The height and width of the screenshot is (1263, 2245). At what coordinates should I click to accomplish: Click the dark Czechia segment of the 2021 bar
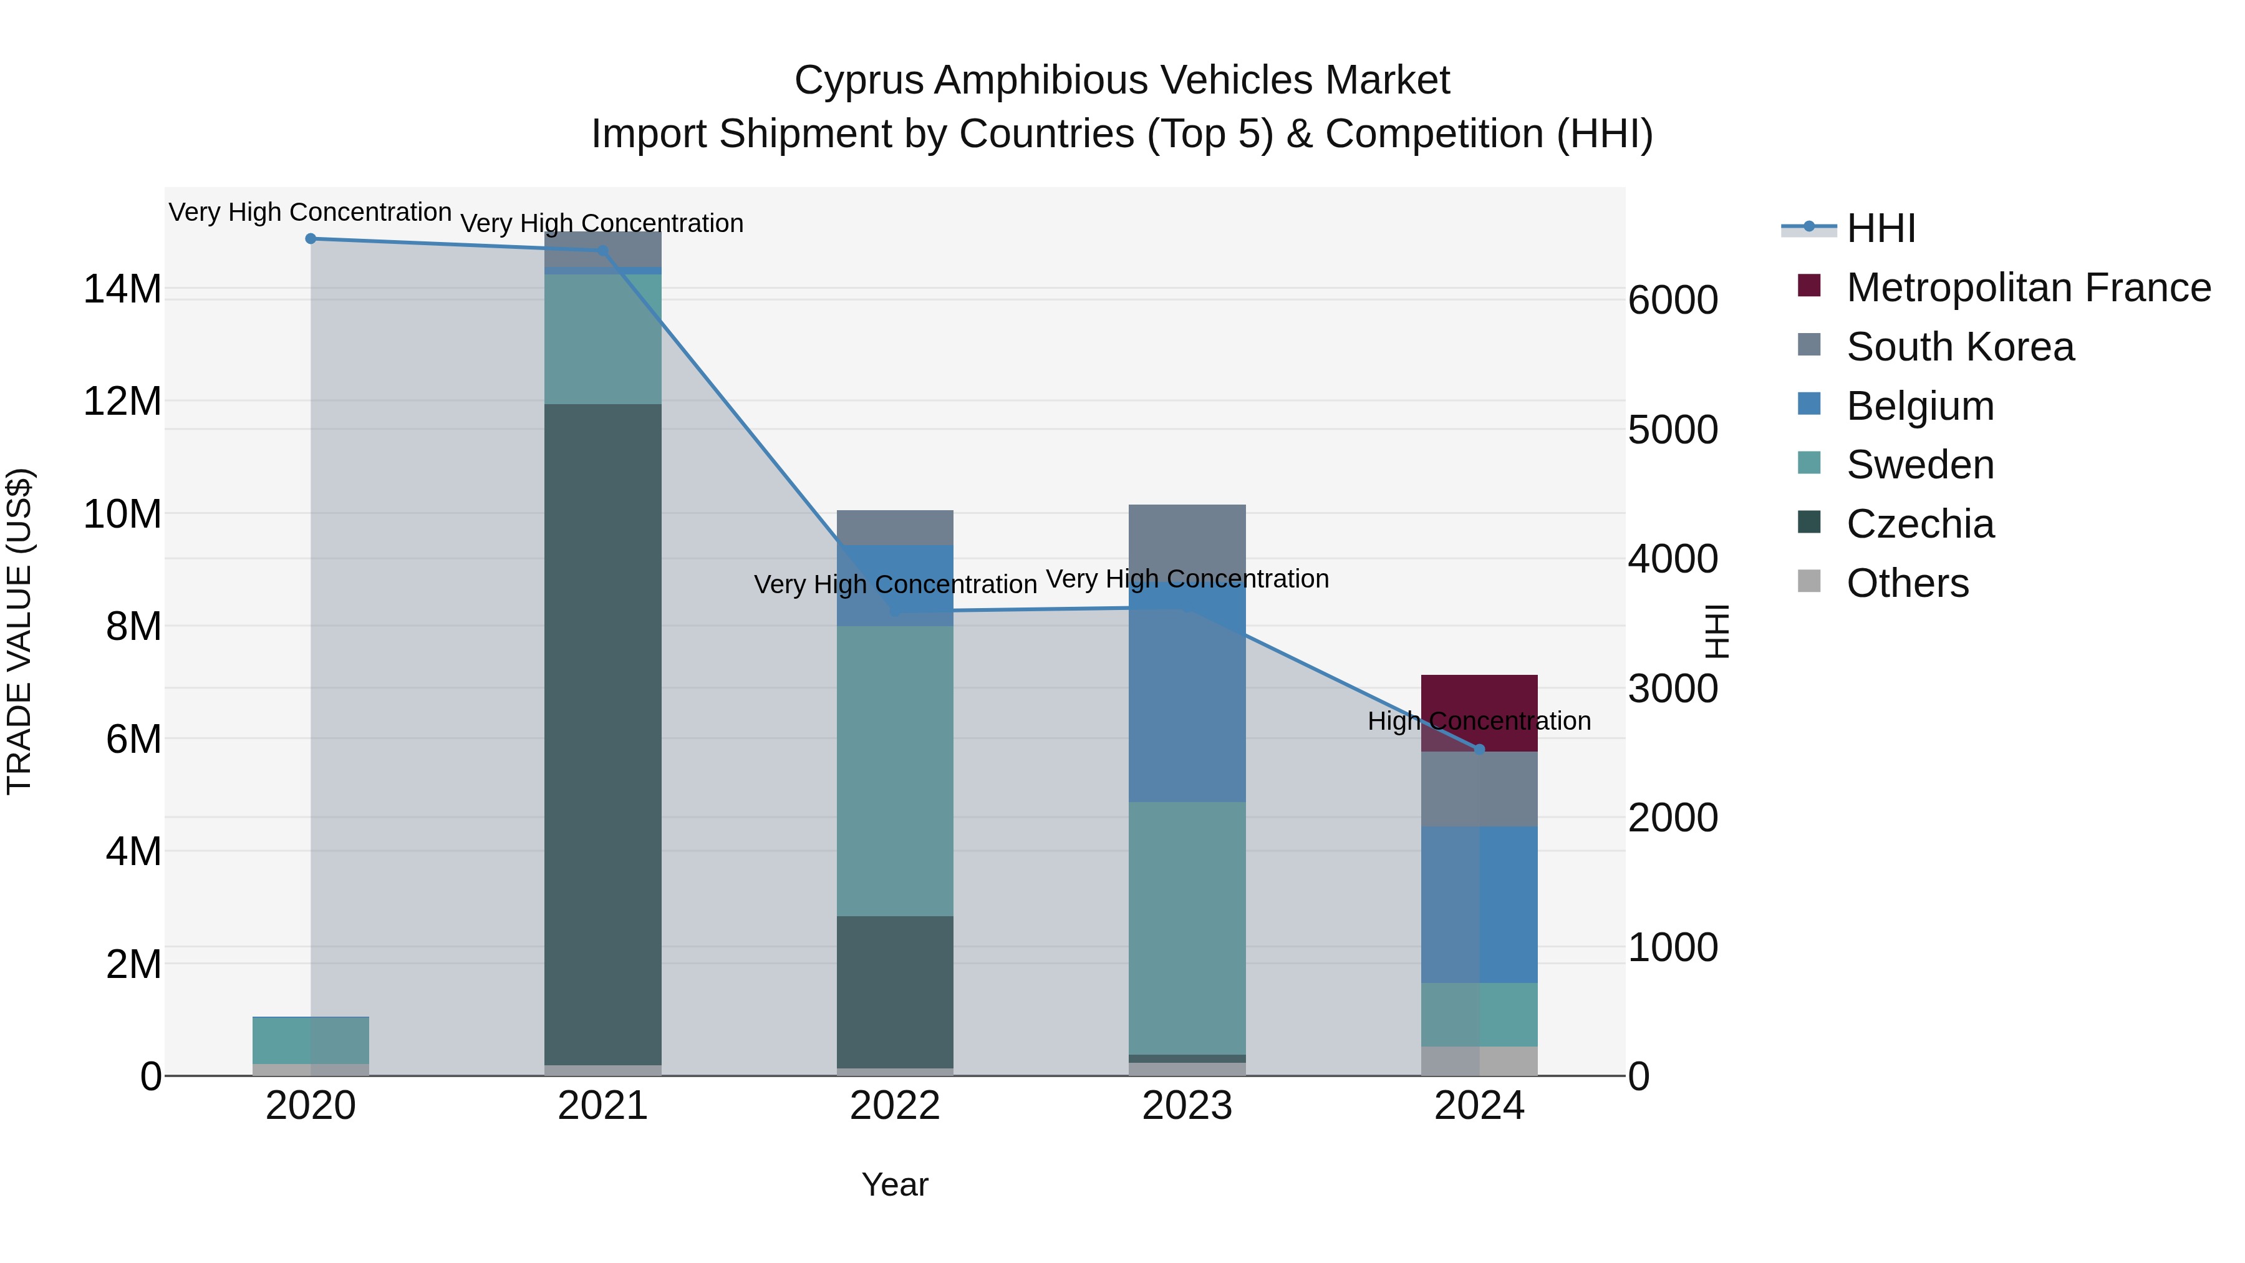pos(602,732)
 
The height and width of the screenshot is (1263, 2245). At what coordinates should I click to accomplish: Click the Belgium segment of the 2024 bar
pos(1479,904)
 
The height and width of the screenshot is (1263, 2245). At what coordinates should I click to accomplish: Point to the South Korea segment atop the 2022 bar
pos(894,527)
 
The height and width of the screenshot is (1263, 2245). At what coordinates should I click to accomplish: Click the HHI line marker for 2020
pos(311,239)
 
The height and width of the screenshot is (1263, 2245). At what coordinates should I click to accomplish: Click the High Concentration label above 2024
pos(1479,722)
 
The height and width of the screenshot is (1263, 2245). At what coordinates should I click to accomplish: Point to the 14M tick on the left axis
pos(122,289)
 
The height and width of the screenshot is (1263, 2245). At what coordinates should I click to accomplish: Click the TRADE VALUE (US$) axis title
pos(19,631)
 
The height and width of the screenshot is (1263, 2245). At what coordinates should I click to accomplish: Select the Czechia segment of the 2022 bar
pos(894,991)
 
